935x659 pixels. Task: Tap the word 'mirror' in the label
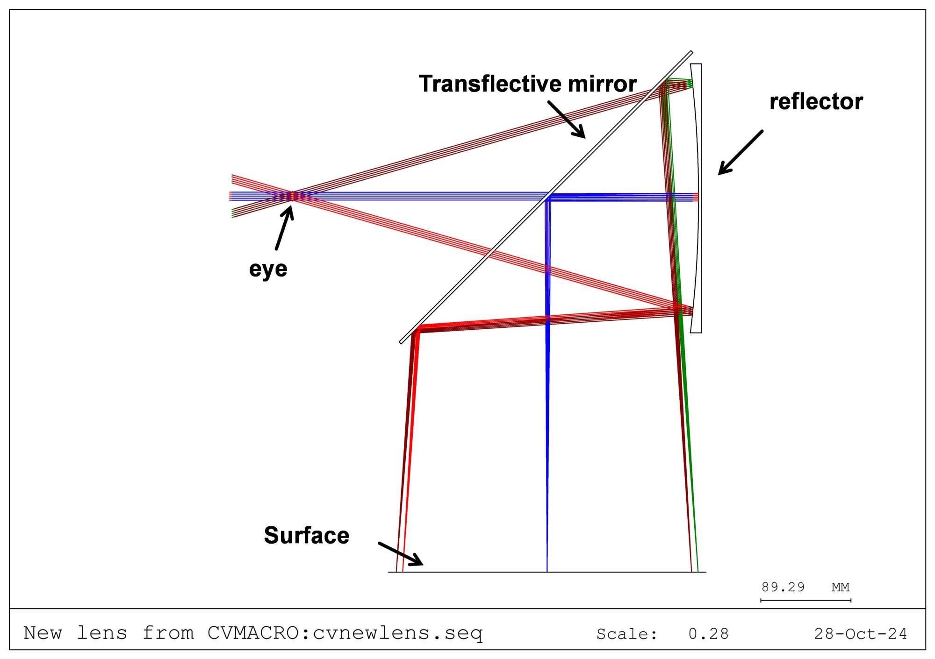point(602,84)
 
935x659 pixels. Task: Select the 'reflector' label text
point(816,102)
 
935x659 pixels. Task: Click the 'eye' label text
point(268,269)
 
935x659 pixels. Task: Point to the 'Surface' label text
point(306,535)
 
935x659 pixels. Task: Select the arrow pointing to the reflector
point(740,153)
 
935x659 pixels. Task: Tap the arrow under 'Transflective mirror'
point(567,120)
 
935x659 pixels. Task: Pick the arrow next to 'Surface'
point(400,554)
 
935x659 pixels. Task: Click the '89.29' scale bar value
point(783,587)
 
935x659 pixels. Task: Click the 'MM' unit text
point(840,587)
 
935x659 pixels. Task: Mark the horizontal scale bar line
point(806,600)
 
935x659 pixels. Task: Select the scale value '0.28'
point(708,634)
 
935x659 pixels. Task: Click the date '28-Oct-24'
point(860,634)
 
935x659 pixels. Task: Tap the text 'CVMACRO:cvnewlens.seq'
point(345,633)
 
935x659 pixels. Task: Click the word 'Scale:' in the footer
point(627,634)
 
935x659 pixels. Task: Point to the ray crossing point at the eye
point(293,197)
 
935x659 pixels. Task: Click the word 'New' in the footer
point(43,633)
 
